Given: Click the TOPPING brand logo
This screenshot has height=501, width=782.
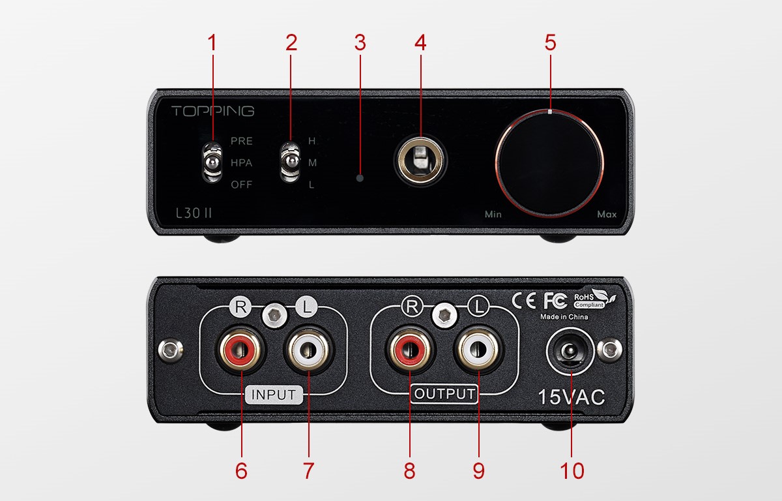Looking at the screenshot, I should (212, 111).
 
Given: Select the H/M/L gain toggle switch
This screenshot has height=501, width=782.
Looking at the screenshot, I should (289, 162).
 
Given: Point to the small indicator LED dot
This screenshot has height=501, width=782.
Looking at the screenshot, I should (360, 177).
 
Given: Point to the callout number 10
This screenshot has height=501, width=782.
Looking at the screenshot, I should (572, 471).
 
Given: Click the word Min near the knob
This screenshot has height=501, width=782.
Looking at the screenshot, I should (493, 214).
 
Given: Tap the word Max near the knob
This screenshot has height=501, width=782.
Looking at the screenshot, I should (607, 214).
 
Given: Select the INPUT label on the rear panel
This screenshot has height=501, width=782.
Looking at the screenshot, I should (274, 395).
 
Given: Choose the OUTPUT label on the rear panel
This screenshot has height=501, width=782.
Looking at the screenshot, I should (444, 394).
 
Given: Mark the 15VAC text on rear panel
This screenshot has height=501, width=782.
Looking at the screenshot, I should (572, 397).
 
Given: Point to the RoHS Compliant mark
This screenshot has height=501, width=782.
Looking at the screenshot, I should (589, 299).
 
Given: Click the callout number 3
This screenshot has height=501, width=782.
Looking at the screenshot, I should (360, 43).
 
